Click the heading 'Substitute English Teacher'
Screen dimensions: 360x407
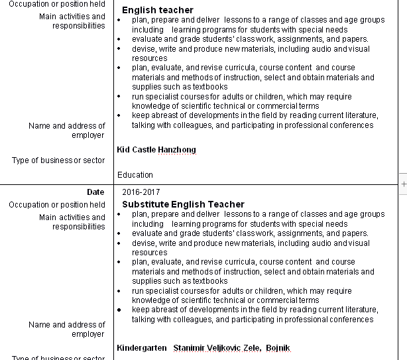[183, 204]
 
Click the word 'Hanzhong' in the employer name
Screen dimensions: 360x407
[176, 150]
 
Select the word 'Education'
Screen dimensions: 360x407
[135, 175]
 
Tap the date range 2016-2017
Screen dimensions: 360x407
[141, 192]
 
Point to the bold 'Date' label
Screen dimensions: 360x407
[95, 192]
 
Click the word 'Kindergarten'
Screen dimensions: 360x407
[142, 348]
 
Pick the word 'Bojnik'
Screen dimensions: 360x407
[278, 348]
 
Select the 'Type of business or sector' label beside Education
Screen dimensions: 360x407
[58, 160]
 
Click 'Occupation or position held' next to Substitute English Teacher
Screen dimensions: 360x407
[57, 205]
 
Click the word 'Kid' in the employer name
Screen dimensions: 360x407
[123, 150]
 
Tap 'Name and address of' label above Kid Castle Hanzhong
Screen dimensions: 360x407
[67, 126]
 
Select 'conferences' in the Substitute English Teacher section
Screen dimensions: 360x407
[351, 320]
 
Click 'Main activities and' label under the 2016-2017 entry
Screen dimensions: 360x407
[72, 217]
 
